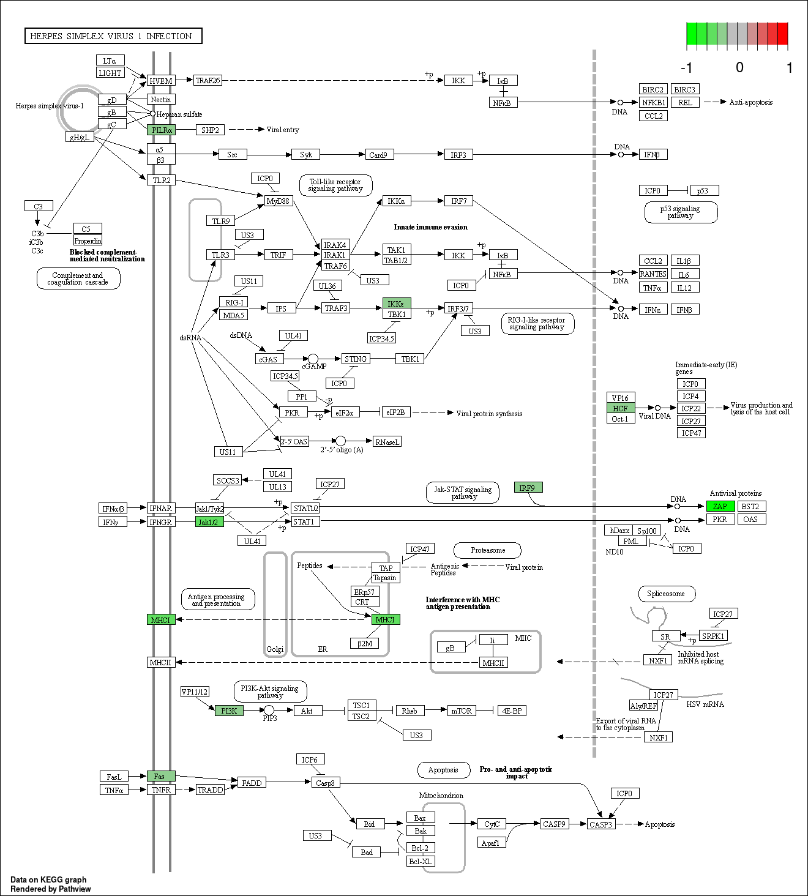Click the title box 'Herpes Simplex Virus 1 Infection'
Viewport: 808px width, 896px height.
point(113,35)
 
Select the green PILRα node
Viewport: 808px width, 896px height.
point(162,130)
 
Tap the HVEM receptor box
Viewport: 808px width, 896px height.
point(162,80)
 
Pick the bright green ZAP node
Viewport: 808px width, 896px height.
point(720,506)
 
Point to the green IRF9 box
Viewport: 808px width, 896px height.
point(528,488)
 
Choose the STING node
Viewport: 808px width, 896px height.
point(356,359)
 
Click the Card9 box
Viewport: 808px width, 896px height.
point(380,155)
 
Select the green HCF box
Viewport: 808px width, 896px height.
point(621,408)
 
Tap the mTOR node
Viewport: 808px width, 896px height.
point(462,711)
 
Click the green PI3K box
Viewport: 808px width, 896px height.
point(230,711)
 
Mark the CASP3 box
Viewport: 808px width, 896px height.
point(601,824)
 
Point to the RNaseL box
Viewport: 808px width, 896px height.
point(387,442)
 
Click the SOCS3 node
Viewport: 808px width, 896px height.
point(227,480)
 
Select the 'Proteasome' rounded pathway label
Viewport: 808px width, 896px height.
point(488,550)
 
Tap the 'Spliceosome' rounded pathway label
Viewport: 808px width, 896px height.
point(667,594)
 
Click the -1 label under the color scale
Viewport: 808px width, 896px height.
point(686,68)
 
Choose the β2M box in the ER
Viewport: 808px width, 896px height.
point(365,643)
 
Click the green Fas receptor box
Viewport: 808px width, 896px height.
point(162,776)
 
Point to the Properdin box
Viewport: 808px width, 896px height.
point(88,241)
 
